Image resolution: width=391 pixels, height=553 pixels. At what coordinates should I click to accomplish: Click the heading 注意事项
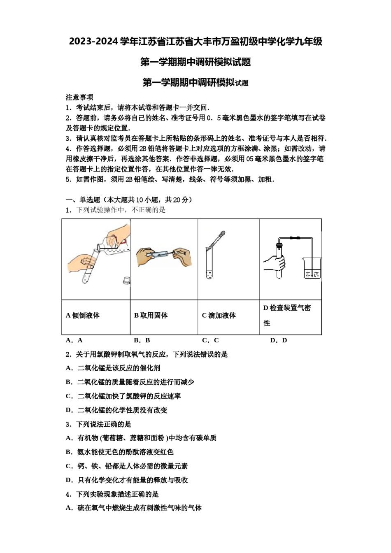79,97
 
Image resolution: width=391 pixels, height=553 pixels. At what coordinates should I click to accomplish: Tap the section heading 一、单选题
83,200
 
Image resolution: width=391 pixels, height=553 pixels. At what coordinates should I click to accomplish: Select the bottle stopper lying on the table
126,281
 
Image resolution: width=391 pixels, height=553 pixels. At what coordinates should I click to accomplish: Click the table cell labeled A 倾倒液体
96,316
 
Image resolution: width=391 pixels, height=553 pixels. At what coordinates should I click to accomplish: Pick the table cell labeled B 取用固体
164,316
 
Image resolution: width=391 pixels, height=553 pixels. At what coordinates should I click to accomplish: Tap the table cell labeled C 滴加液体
228,316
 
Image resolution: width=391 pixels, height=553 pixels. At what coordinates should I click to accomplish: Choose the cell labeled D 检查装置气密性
290,316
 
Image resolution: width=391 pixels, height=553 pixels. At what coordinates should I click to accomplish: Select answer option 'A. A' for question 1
74,340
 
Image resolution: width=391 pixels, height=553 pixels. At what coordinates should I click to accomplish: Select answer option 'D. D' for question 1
279,340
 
